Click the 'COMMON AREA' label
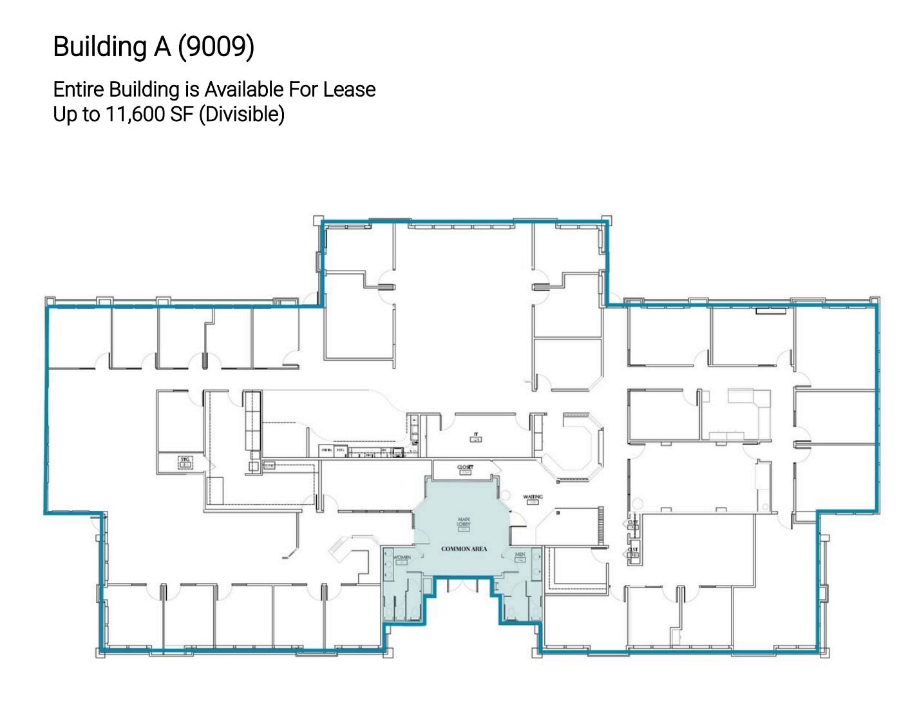point(464,549)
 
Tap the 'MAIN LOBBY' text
point(464,522)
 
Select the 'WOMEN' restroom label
point(402,557)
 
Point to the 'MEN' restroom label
point(520,555)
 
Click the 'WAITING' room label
point(533,497)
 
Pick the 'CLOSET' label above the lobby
point(465,467)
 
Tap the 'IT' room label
point(476,435)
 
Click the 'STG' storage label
point(185,459)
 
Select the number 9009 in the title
point(216,46)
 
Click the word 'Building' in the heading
point(100,46)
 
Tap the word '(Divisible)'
point(242,114)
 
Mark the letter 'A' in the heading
point(162,46)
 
